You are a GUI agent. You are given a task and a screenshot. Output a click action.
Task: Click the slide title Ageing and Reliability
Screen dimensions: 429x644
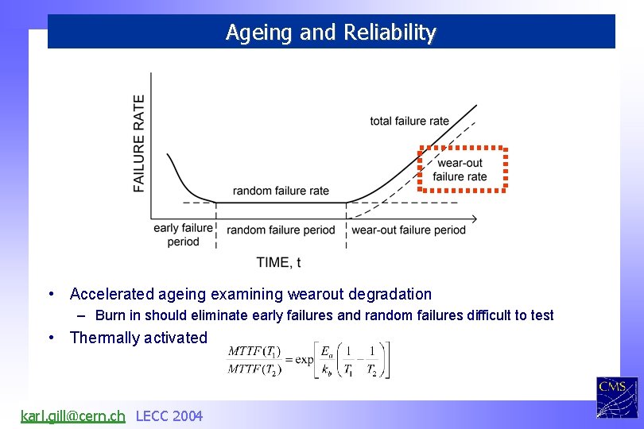pyautogui.click(x=331, y=33)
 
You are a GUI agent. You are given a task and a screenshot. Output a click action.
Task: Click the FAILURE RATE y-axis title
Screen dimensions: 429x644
pyautogui.click(x=140, y=143)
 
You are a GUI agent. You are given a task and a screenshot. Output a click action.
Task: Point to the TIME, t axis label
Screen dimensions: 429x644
pyautogui.click(x=278, y=262)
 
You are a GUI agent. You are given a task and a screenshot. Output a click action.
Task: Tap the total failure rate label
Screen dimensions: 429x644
pyautogui.click(x=409, y=122)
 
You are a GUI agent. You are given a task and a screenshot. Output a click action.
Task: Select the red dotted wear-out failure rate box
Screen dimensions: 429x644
pyautogui.click(x=463, y=169)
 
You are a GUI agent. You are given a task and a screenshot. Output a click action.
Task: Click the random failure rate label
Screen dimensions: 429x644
pyautogui.click(x=281, y=191)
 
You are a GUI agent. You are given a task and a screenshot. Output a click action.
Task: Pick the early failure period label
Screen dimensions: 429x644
pyautogui.click(x=184, y=235)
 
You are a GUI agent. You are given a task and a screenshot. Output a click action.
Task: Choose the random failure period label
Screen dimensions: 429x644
pyautogui.click(x=281, y=230)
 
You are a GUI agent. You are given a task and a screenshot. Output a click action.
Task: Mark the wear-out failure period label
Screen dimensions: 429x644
pyautogui.click(x=409, y=230)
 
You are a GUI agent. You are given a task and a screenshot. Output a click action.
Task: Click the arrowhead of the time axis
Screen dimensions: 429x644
pyautogui.click(x=474, y=218)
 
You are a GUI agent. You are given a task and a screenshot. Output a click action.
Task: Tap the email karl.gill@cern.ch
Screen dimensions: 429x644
pyautogui.click(x=72, y=415)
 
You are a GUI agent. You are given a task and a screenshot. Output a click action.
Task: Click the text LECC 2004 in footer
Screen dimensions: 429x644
pyautogui.click(x=169, y=415)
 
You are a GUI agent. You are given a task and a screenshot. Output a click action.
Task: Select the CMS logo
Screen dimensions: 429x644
pyautogui.click(x=617, y=397)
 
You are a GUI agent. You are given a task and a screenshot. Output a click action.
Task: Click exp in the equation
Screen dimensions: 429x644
pyautogui.click(x=303, y=360)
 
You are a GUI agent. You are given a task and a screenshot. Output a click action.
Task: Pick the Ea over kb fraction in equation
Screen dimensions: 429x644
pyautogui.click(x=327, y=360)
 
